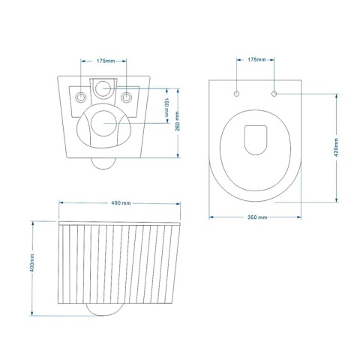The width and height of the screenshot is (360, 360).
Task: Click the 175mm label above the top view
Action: [255, 59]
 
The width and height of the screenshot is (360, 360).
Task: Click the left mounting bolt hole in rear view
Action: [79, 95]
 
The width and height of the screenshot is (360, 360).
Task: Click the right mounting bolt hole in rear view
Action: [127, 95]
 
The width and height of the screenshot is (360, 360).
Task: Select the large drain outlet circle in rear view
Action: [103, 122]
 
